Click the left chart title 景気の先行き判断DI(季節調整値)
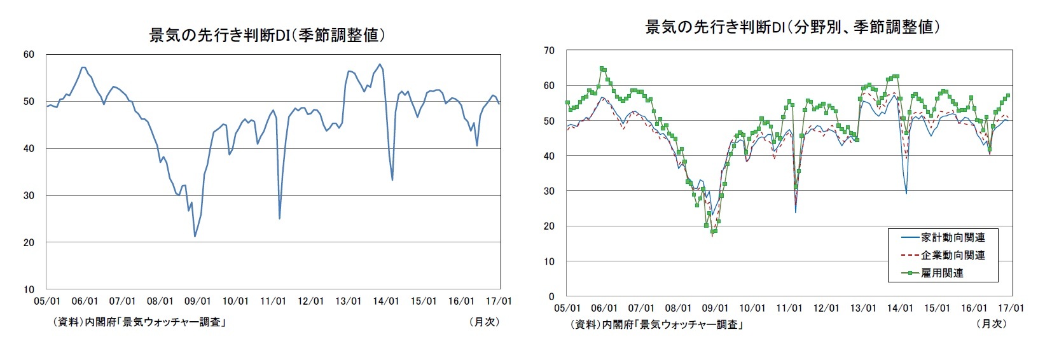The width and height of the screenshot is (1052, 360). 267,35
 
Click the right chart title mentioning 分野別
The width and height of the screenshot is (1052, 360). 792,27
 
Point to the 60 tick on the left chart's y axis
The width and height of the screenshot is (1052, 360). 29,55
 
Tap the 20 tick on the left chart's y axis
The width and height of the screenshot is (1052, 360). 29,242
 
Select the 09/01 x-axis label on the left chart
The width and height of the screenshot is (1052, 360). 198,301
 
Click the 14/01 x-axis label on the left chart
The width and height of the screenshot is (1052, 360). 386,301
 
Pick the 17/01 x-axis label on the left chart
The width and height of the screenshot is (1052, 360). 499,301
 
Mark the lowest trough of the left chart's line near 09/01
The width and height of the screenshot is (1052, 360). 195,237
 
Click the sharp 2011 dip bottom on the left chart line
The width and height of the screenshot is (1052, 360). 280,218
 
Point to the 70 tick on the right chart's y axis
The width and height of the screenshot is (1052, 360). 549,51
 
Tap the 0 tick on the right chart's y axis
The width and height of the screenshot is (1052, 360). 551,296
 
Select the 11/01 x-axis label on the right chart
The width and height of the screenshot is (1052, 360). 789,308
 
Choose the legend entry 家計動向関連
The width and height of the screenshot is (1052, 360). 953,237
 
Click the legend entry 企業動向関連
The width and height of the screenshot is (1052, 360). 953,255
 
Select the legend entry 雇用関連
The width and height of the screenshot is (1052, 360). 942,273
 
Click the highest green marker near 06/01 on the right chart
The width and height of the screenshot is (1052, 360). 602,69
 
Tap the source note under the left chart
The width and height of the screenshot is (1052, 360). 140,322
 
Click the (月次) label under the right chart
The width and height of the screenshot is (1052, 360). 992,323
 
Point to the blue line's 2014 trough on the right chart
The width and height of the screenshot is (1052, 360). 906,193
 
